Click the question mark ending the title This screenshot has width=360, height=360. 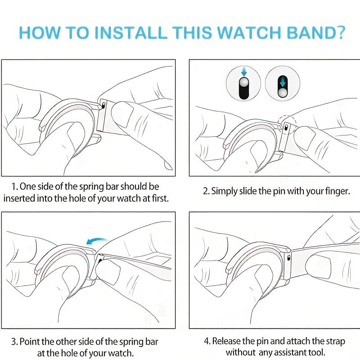(340, 33)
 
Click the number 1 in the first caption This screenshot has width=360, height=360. (14, 186)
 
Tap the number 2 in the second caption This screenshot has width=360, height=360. (206, 191)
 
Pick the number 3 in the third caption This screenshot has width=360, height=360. (14, 342)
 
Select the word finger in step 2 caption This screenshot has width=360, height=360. (337, 191)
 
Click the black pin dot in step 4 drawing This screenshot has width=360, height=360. (288, 258)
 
